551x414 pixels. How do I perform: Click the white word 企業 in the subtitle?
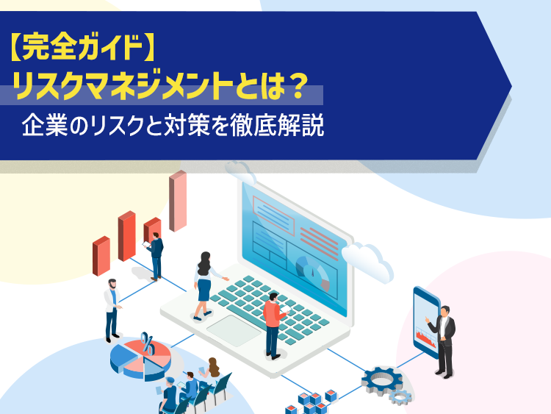[x=45, y=126]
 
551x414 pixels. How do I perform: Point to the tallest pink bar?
[x=178, y=201]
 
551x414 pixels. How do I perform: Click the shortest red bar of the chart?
[x=101, y=256]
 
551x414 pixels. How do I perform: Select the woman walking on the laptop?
[x=206, y=285]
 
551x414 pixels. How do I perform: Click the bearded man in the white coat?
[x=112, y=310]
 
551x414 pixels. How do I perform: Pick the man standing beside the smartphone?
[x=442, y=342]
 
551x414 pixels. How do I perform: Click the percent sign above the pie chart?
[x=148, y=343]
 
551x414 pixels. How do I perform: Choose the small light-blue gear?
[x=400, y=397]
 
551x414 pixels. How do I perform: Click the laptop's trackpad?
[x=234, y=331]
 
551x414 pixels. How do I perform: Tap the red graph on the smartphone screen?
[x=425, y=337]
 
